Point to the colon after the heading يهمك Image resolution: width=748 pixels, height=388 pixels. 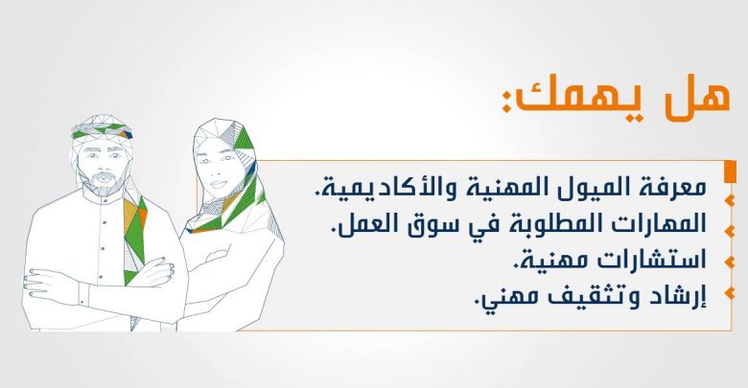506,101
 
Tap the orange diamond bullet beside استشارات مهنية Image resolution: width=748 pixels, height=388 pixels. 730,262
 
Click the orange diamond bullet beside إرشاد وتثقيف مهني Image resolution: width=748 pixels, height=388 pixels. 730,292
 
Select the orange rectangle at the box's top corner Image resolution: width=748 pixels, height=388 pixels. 730,171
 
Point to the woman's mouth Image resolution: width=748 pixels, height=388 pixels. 219,184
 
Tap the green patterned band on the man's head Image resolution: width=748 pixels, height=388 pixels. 101,129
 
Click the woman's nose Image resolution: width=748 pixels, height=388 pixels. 218,171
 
